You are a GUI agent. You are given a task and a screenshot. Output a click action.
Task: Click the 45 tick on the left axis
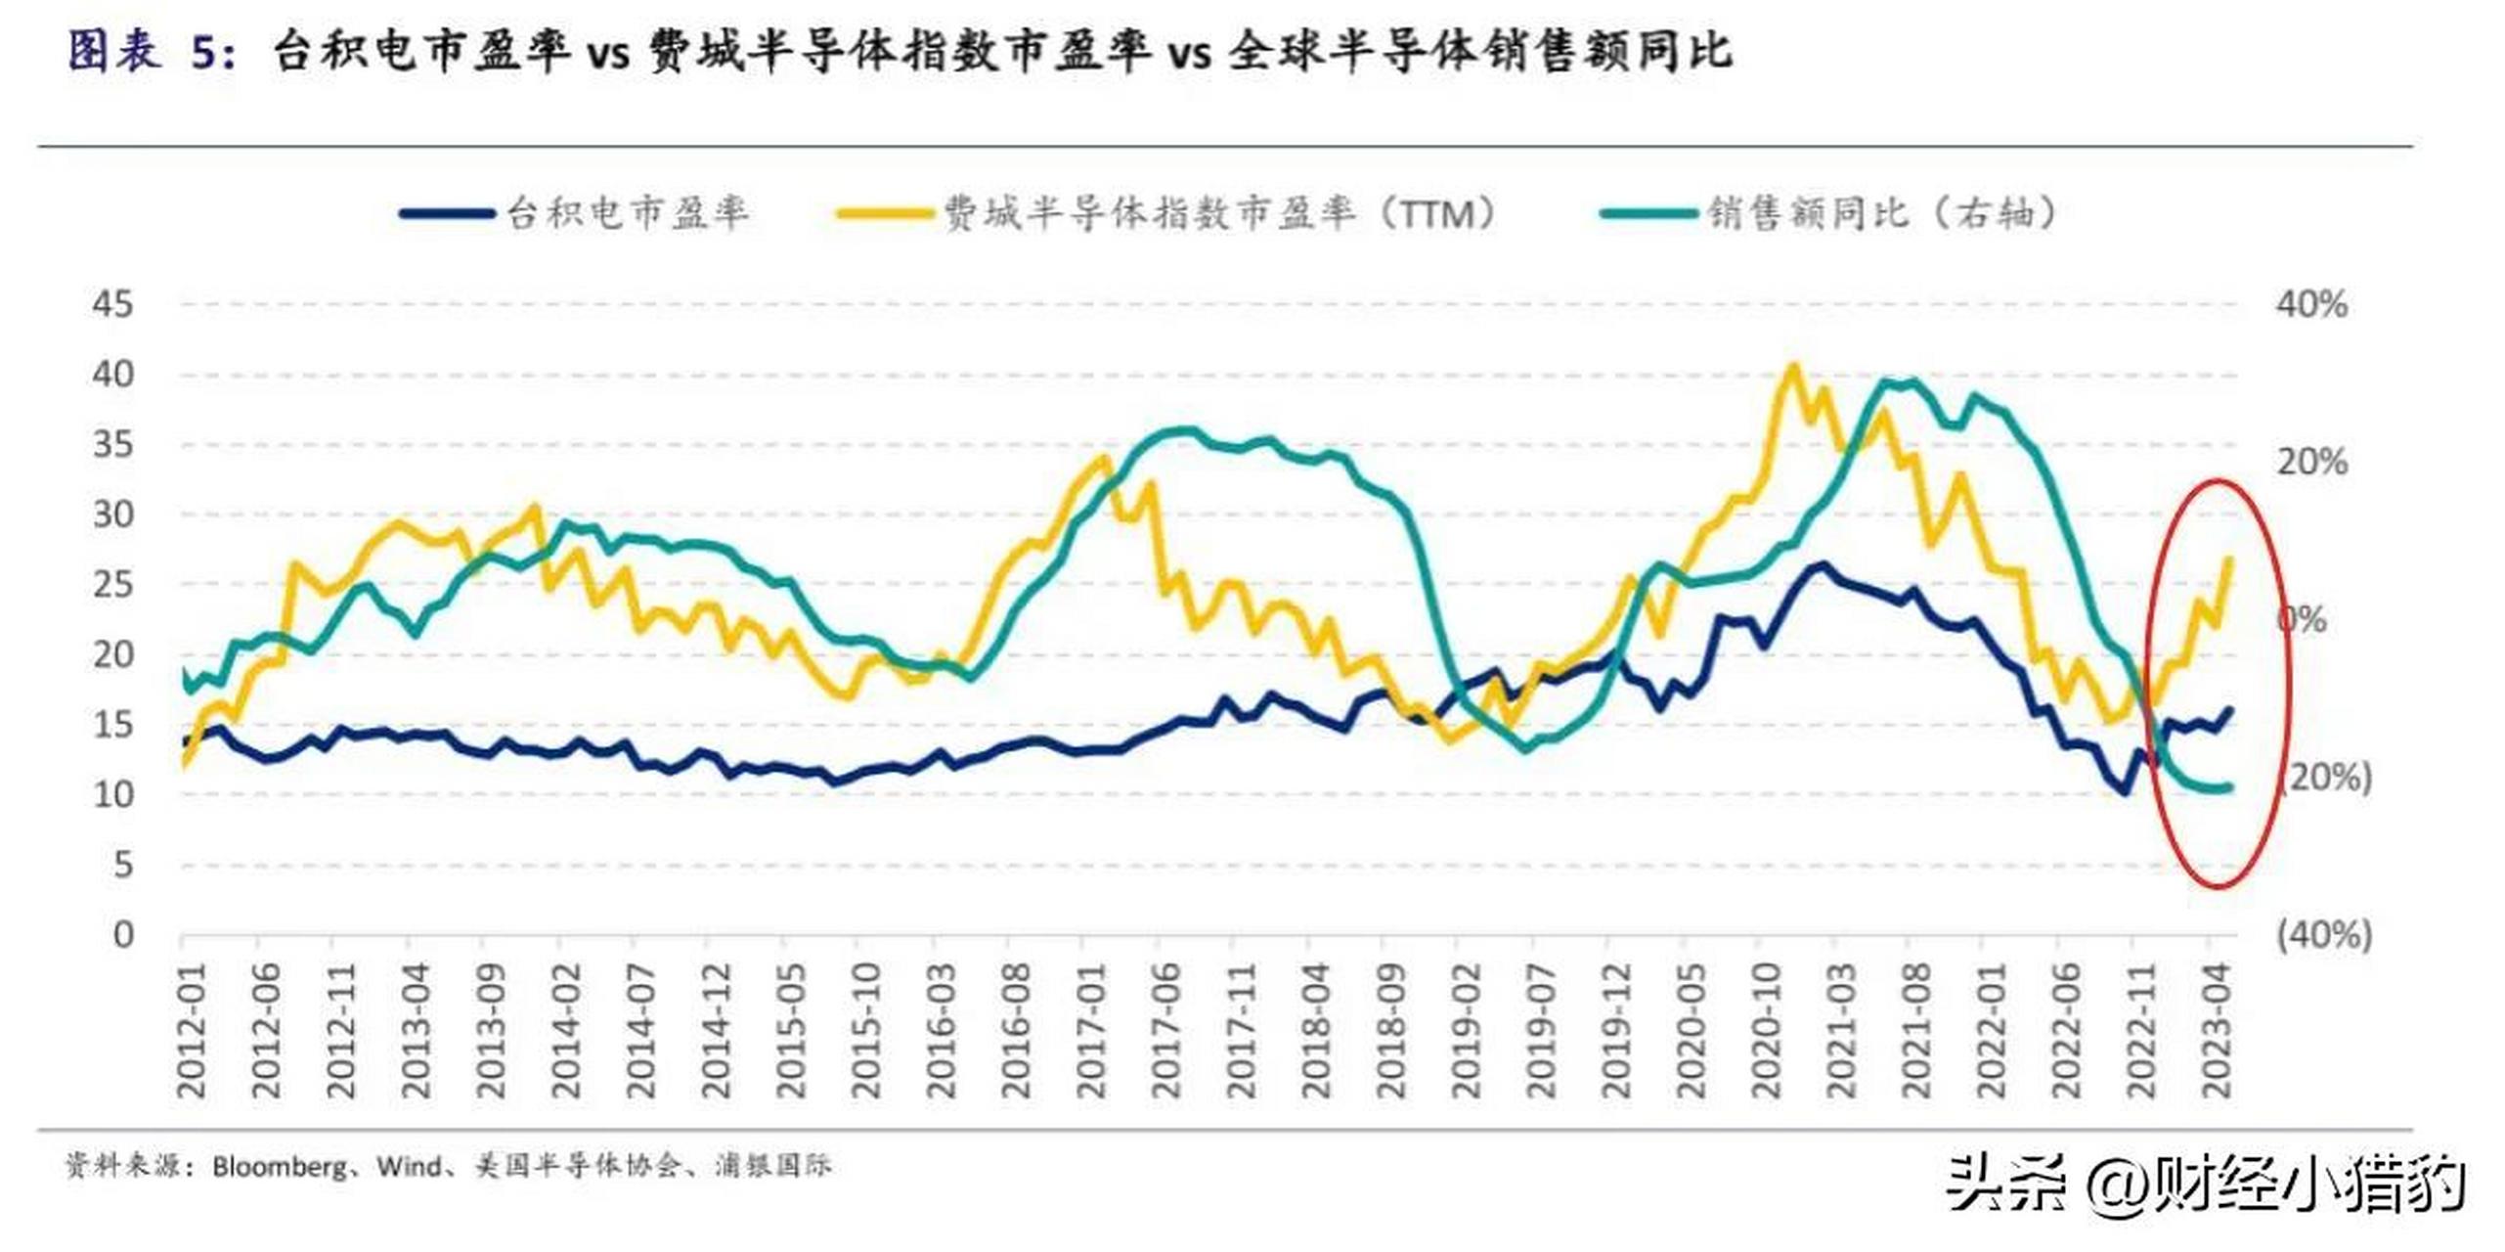click(x=112, y=304)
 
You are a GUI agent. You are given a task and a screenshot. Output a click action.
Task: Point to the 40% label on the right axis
click(x=2311, y=304)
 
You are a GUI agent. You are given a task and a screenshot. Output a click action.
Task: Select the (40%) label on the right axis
click(x=2323, y=935)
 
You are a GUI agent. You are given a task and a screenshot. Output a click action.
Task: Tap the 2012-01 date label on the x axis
click(x=192, y=1031)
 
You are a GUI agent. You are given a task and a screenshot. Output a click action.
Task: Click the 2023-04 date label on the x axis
click(x=2218, y=1031)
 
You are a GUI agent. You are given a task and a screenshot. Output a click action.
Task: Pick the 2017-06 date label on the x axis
click(x=1166, y=1031)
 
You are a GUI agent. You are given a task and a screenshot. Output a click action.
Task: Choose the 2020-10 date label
click(x=1767, y=1031)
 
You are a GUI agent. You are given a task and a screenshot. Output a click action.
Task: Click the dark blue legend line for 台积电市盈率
click(x=447, y=213)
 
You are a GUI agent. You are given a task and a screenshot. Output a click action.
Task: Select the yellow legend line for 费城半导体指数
click(x=884, y=213)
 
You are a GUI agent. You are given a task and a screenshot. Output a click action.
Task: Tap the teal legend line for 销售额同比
click(x=1648, y=213)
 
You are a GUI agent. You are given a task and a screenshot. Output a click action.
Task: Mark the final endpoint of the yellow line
click(x=2230, y=559)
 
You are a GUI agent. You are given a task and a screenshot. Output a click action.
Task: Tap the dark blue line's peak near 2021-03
click(x=1822, y=565)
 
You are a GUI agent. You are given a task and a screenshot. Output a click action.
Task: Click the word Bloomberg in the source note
click(x=280, y=1166)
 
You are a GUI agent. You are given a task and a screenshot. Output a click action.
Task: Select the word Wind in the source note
click(x=408, y=1166)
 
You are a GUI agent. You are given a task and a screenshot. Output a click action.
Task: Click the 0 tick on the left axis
click(x=122, y=935)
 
